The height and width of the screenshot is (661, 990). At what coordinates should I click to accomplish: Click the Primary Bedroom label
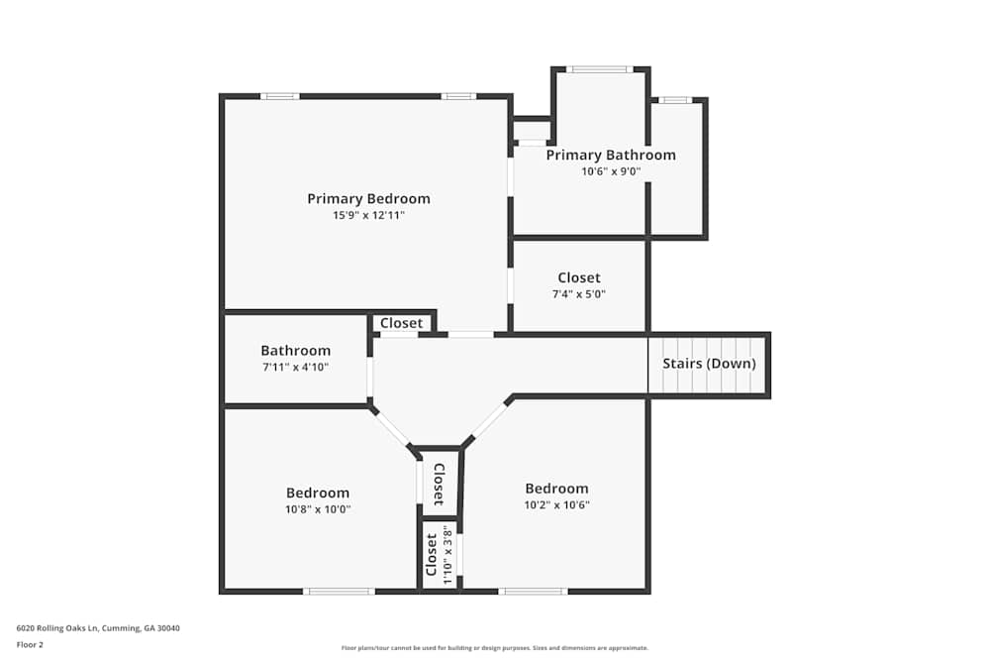(368, 198)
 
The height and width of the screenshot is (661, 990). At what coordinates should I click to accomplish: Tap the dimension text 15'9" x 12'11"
(368, 215)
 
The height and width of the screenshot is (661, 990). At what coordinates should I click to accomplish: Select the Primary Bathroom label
(611, 155)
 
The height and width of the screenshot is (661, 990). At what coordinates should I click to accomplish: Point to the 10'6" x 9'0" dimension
(611, 171)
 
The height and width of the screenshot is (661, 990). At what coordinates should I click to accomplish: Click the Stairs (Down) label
(709, 364)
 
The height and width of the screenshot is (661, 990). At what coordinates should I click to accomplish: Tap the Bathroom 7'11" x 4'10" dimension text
(295, 367)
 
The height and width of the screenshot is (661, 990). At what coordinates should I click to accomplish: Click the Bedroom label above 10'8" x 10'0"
(318, 493)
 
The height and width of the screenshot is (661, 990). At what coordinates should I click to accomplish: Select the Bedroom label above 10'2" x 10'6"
(556, 488)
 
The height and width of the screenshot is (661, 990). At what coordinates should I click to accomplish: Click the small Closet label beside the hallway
(401, 323)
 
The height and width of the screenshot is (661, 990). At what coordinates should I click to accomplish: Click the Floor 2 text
(30, 644)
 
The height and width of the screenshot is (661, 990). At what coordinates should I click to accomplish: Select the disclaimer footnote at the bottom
(495, 648)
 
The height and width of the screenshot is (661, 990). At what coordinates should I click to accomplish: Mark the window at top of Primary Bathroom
(599, 69)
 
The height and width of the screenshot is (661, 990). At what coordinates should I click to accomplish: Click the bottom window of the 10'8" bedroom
(339, 592)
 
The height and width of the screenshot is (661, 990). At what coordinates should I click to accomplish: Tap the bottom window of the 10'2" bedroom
(533, 592)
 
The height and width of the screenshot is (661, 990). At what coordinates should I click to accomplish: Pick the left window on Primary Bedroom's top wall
(280, 96)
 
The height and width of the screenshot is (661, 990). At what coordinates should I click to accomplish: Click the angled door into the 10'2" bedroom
(486, 423)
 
